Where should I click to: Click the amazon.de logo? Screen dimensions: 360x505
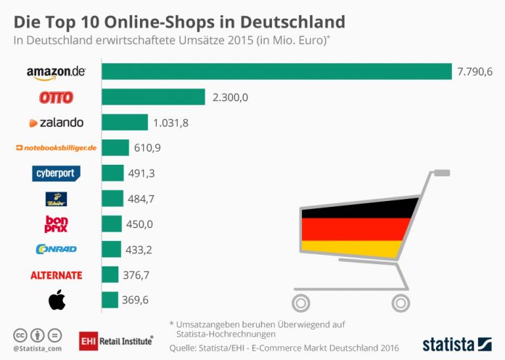[x=56, y=72]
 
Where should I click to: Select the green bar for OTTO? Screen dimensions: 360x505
[x=154, y=97]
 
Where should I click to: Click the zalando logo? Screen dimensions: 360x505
[x=56, y=123]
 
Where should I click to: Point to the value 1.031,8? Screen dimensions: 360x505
[x=171, y=123]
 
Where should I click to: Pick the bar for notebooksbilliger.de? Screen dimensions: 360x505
[x=115, y=148]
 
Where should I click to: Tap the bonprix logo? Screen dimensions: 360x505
[x=57, y=224]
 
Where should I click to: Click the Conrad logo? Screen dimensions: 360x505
[x=56, y=249]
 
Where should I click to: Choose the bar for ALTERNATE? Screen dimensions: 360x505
[x=110, y=274]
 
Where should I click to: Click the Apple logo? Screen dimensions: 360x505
[x=57, y=299]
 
